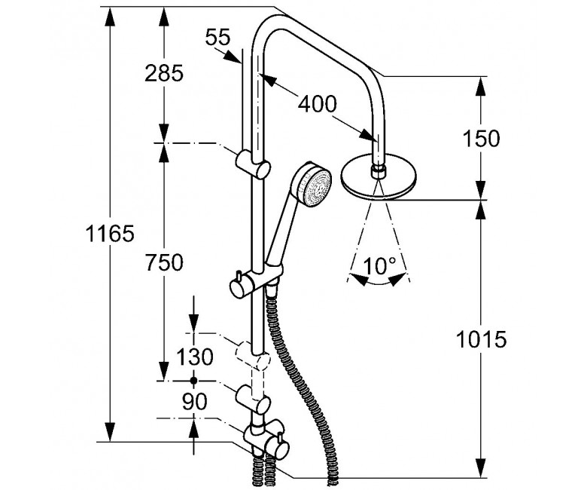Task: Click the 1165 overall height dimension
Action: pyautogui.click(x=110, y=234)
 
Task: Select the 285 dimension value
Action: pyautogui.click(x=164, y=73)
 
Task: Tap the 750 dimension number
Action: pyautogui.click(x=164, y=262)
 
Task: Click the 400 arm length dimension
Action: pyautogui.click(x=317, y=104)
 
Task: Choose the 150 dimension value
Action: pyautogui.click(x=481, y=139)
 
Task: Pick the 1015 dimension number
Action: pyautogui.click(x=481, y=339)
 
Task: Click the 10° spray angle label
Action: pyautogui.click(x=379, y=266)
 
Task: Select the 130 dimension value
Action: pyautogui.click(x=194, y=357)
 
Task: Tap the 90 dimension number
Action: pyautogui.click(x=194, y=402)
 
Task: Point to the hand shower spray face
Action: pyautogui.click(x=317, y=188)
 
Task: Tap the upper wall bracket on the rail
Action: pyautogui.click(x=253, y=165)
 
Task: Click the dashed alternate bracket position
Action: pyautogui.click(x=253, y=356)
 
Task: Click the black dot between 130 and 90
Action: pyautogui.click(x=193, y=381)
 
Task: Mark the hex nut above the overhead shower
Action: pyautogui.click(x=379, y=172)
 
